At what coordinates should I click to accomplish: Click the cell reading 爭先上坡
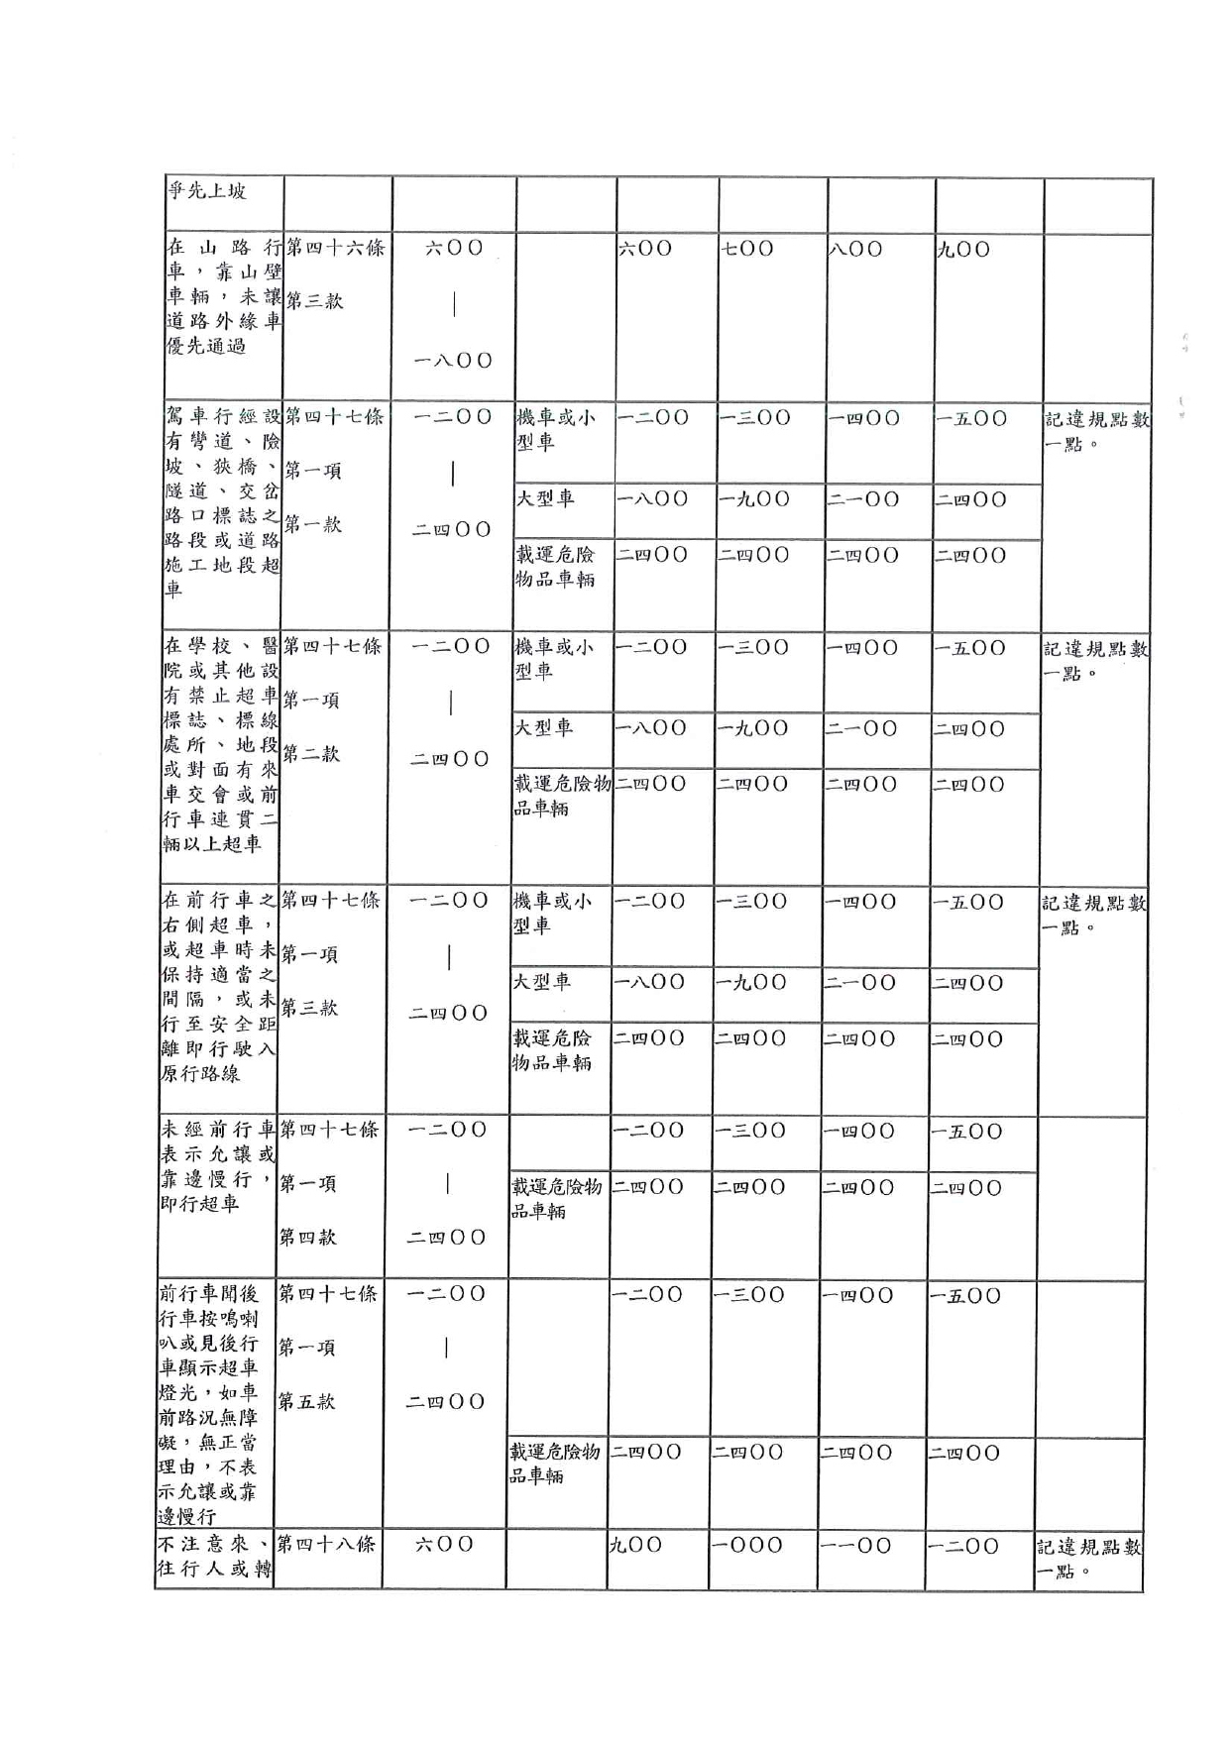click(x=207, y=191)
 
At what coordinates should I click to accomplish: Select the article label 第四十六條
click(x=334, y=248)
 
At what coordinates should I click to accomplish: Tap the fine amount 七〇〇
click(x=748, y=249)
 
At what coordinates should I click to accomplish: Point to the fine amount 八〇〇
click(x=856, y=249)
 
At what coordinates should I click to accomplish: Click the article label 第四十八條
click(x=326, y=1544)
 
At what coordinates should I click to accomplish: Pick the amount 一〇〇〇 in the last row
click(x=748, y=1545)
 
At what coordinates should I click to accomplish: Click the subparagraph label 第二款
click(x=311, y=754)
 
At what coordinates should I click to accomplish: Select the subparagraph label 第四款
click(x=308, y=1237)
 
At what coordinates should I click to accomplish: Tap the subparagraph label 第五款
click(x=307, y=1401)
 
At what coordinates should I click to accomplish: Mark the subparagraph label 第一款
click(x=312, y=524)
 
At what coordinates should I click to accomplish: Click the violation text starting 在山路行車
click(x=223, y=296)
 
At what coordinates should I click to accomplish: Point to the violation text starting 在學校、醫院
click(x=220, y=744)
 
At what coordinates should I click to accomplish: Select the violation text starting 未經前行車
click(x=218, y=1166)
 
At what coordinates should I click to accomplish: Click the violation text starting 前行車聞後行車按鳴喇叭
click(x=208, y=1405)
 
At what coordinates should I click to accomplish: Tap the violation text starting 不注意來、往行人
click(x=214, y=1557)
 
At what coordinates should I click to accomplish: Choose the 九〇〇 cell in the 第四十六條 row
click(x=963, y=249)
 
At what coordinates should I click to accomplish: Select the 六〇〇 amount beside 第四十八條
click(x=444, y=1544)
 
